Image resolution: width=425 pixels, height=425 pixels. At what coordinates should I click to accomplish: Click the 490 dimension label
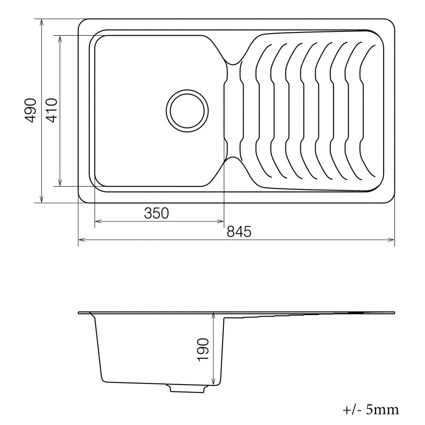click(30, 110)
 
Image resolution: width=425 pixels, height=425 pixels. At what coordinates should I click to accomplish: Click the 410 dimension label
click(51, 110)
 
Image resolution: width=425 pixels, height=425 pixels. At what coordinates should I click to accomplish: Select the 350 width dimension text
click(156, 213)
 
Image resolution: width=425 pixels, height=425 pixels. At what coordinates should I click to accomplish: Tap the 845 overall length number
click(239, 232)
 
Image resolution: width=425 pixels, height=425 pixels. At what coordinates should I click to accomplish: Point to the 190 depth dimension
click(203, 350)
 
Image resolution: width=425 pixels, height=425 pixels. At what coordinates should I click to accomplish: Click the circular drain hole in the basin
click(187, 111)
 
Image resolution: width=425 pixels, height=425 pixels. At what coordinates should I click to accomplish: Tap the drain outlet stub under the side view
click(187, 388)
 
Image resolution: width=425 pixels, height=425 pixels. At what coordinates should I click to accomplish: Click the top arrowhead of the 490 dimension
click(42, 22)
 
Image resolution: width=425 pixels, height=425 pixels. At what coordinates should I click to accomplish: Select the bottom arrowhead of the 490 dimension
click(42, 199)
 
